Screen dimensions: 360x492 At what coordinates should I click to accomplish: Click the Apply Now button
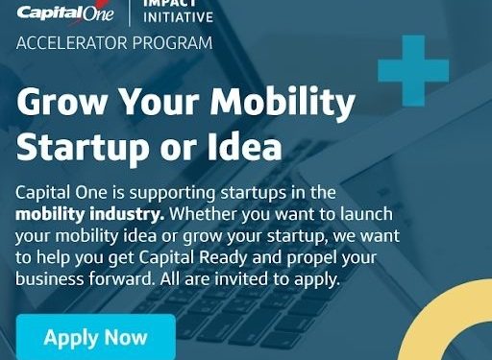(x=95, y=337)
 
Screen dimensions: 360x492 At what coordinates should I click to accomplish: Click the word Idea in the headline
(x=248, y=147)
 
